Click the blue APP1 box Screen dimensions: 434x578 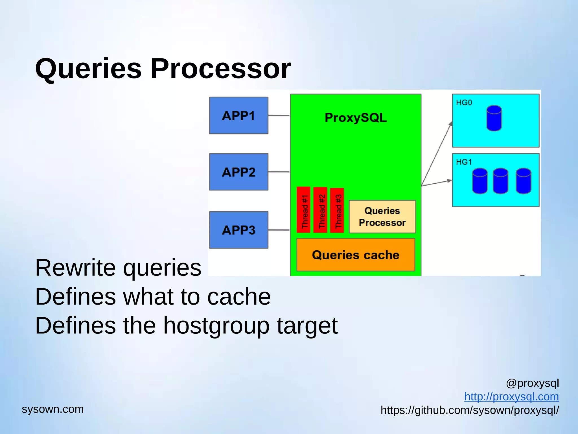[x=238, y=115]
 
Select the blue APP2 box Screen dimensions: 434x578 [x=238, y=172]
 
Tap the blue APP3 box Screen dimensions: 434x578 [x=238, y=230]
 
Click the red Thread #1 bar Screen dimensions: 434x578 [x=304, y=210]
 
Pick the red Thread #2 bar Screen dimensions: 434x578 [x=320, y=210]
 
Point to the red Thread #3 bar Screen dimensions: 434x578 [x=337, y=211]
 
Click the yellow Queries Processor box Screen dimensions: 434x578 [x=382, y=217]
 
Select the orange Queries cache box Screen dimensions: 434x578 [x=356, y=255]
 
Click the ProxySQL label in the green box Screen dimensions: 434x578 [x=356, y=118]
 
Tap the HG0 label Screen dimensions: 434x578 [x=464, y=103]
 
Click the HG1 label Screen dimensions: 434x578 [x=464, y=162]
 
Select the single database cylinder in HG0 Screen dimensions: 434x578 [x=494, y=118]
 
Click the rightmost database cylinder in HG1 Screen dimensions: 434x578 [x=524, y=181]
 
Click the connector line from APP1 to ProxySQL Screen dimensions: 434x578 [x=279, y=115]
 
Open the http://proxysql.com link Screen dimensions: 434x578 [x=511, y=397]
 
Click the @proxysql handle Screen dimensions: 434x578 [x=532, y=383]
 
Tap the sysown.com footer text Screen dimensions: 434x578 [x=53, y=409]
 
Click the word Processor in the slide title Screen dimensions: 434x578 [x=220, y=69]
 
